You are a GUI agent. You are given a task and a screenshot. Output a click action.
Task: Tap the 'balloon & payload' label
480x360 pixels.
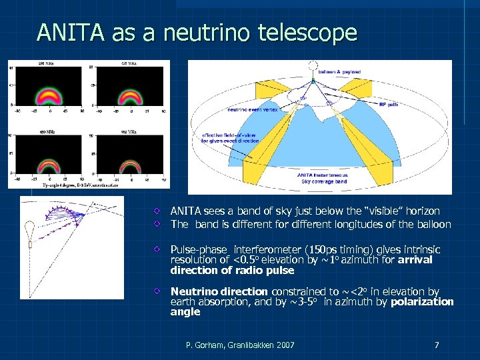point(340,71)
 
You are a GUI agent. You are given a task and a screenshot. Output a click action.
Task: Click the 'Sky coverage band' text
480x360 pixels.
point(324,181)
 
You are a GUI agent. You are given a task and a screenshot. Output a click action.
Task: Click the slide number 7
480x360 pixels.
point(436,345)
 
